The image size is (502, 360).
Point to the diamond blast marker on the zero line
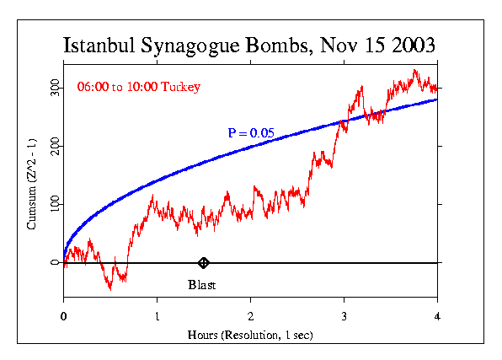[203, 263]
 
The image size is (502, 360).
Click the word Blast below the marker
[202, 285]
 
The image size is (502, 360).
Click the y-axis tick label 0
[56, 263]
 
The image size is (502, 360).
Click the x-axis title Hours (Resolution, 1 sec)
[250, 335]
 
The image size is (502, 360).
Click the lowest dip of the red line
[109, 288]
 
